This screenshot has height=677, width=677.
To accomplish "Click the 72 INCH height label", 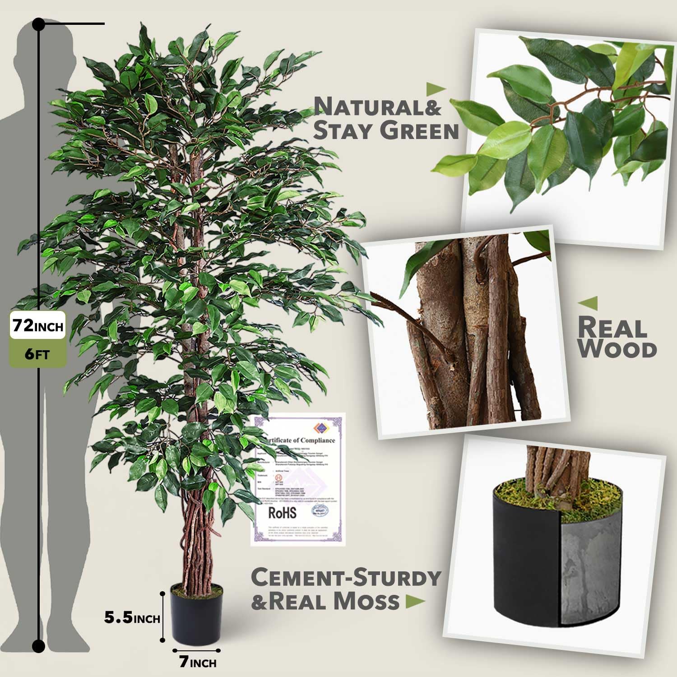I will [x=38, y=325].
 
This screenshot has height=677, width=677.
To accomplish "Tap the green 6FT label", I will [x=37, y=353].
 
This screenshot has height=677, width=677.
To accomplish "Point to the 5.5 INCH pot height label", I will [x=132, y=617].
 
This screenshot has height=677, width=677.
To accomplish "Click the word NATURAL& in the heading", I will [x=377, y=107].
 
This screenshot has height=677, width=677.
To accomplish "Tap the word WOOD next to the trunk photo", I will [x=617, y=349].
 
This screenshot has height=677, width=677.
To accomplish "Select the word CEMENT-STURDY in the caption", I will [x=346, y=577].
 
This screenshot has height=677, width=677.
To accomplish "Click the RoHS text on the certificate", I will [x=283, y=513].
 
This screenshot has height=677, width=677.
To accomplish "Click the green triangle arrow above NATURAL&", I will [x=436, y=88].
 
